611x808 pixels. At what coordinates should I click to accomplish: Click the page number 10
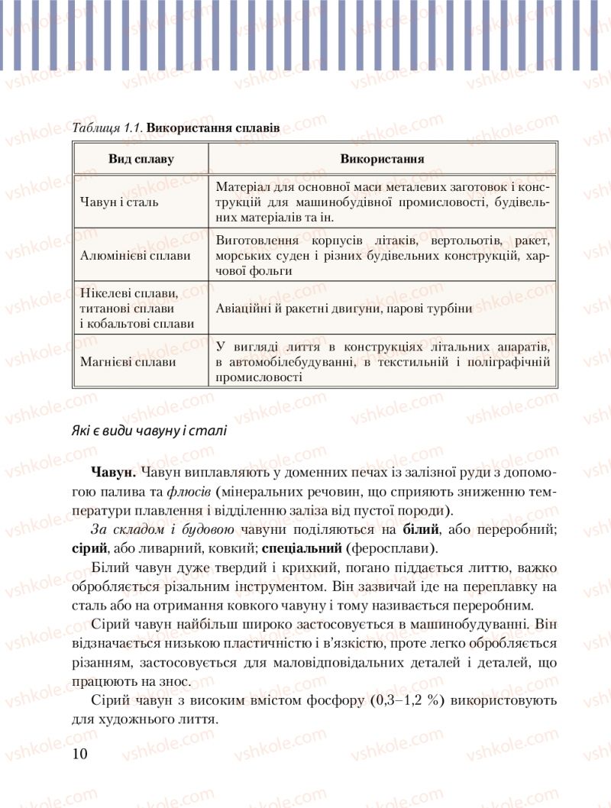(80, 754)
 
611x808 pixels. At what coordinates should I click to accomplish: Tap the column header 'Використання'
(382, 159)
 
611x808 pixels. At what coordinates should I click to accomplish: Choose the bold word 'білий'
(419, 529)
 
